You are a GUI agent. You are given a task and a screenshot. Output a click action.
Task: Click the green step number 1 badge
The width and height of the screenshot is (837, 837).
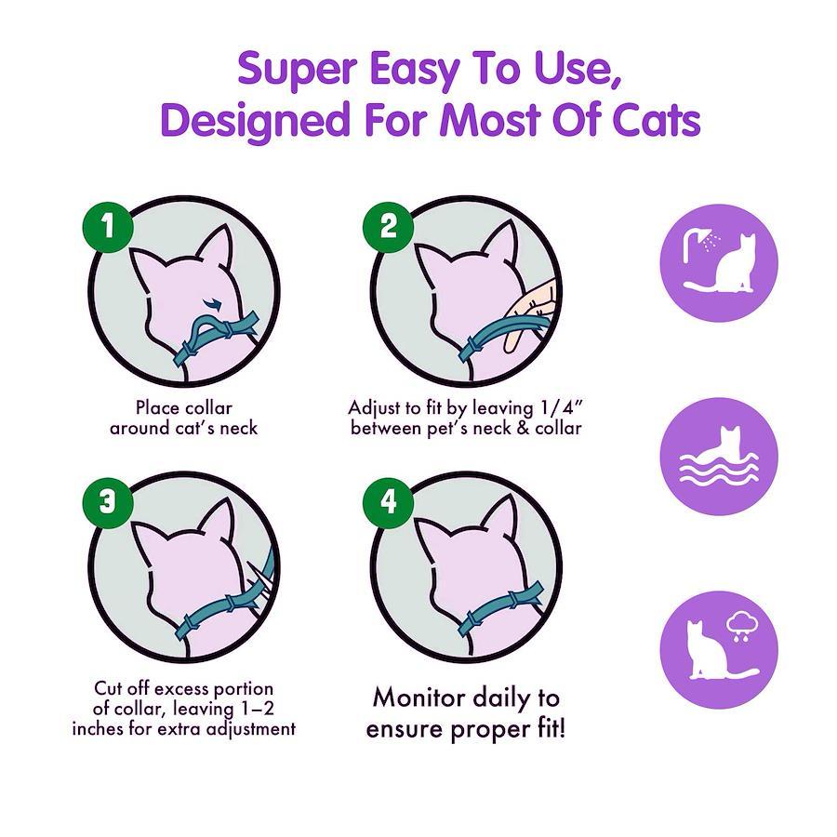point(108,226)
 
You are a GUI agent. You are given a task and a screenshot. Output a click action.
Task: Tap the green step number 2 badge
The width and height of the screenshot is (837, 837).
point(389,226)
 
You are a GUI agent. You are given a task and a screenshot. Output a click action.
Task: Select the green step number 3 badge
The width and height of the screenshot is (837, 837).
point(108,503)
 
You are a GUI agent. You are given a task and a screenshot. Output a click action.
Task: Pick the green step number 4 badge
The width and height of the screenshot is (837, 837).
point(389,503)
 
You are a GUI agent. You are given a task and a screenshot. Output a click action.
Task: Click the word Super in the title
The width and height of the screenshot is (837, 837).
point(298,71)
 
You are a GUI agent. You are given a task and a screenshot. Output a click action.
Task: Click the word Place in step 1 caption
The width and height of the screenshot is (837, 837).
point(157,408)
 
